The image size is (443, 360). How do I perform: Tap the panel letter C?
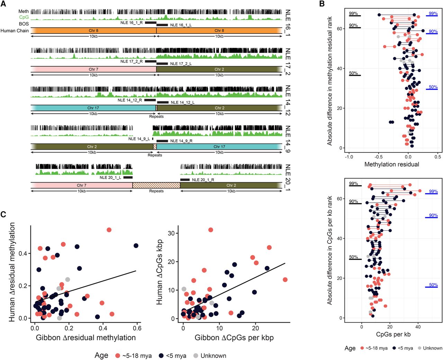(x=3, y=214)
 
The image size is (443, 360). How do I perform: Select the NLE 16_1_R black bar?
(x=151, y=22)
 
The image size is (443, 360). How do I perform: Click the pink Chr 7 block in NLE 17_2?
(x=93, y=69)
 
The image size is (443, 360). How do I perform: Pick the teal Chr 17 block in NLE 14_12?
(x=93, y=108)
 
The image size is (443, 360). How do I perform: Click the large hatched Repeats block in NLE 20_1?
(x=156, y=185)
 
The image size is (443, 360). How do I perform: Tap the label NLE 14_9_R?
(x=181, y=141)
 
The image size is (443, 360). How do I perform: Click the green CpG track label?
(x=24, y=17)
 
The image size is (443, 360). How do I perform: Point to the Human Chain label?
(x=15, y=31)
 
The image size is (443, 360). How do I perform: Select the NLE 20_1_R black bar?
(x=185, y=179)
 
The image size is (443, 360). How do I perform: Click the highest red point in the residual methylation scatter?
(x=109, y=230)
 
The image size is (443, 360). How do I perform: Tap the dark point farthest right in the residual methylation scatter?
(x=136, y=246)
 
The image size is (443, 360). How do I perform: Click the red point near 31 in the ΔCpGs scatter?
(x=211, y=230)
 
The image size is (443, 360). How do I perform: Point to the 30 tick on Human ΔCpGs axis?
(x=171, y=233)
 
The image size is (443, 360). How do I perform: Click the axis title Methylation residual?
(x=392, y=164)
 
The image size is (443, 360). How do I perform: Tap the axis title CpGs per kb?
(x=393, y=334)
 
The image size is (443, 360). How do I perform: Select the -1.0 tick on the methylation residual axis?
(x=349, y=157)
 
